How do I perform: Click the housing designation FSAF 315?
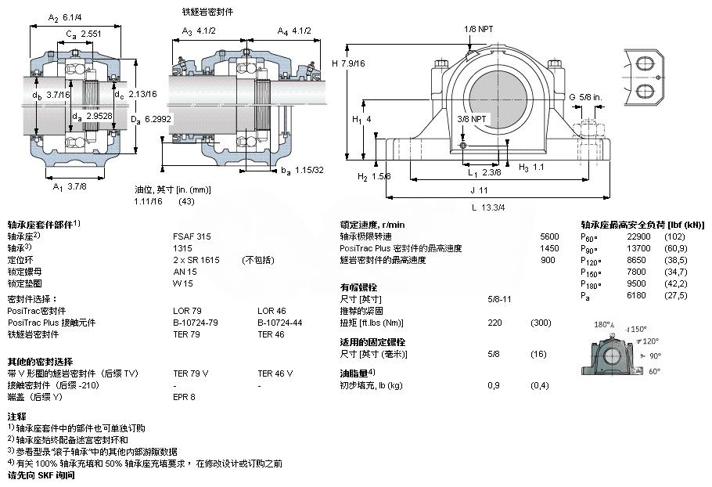pos(190,236)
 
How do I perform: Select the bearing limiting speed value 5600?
pos(549,236)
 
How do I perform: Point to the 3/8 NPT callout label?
pos(473,119)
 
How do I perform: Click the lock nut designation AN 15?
pos(184,271)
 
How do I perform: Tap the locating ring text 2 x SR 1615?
pos(196,259)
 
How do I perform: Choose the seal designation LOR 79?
pos(186,311)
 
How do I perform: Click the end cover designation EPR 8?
pos(185,398)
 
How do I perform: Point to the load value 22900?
pos(638,236)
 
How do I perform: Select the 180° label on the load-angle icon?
pos(602,324)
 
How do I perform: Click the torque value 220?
pos(494,323)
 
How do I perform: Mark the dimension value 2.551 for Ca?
pos(92,34)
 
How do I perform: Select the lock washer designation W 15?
pos(182,283)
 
